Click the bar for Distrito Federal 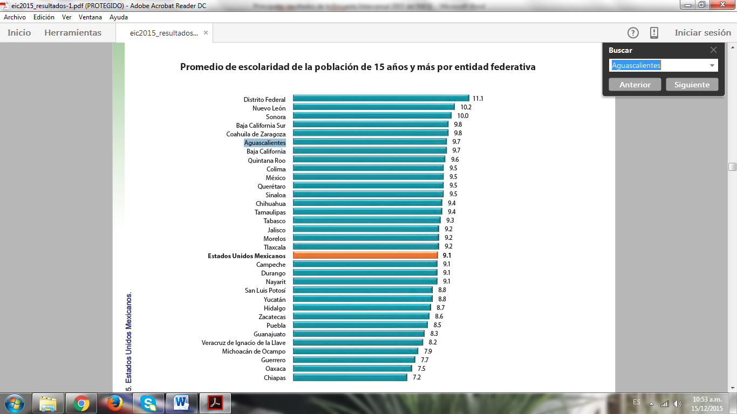coord(380,98)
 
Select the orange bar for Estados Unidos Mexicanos coord(365,256)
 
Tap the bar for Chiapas coord(350,377)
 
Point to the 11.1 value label coord(477,99)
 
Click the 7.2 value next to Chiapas coord(417,377)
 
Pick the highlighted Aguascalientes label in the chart coord(265,143)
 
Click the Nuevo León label coord(269,108)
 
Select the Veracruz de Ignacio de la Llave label coord(243,343)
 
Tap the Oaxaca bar coord(352,369)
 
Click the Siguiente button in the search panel coord(692,85)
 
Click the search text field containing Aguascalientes coord(658,66)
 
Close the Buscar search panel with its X coord(713,50)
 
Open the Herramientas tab coord(73,33)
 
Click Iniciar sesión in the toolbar coord(702,33)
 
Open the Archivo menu coord(15,17)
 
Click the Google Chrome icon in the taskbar coord(81,403)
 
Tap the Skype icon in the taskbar coord(148,403)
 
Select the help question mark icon coord(633,33)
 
